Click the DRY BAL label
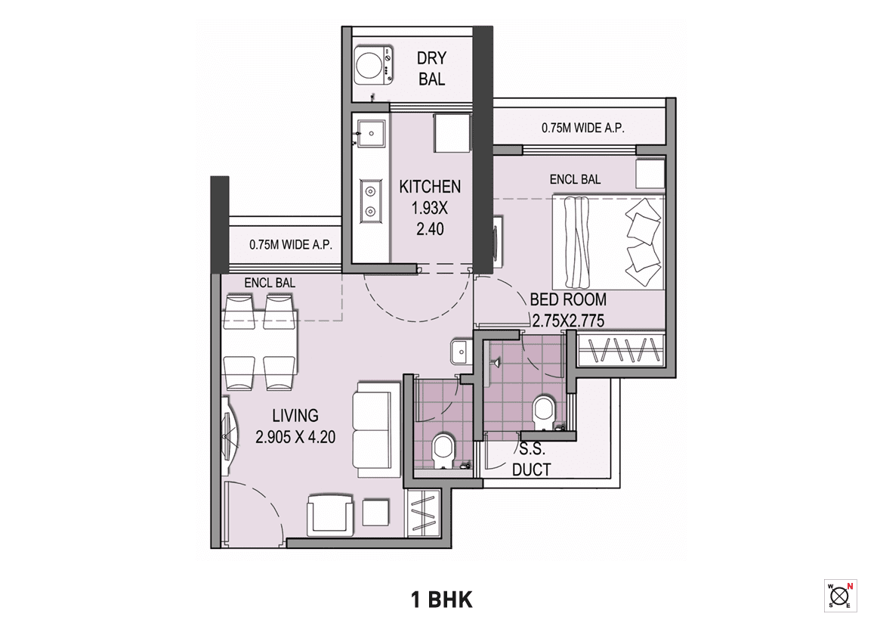[431, 68]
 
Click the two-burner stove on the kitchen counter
[370, 200]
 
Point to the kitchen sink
[370, 134]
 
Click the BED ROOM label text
[567, 299]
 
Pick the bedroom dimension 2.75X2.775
[568, 321]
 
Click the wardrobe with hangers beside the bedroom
[621, 352]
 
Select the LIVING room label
[295, 415]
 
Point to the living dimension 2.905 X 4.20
[296, 437]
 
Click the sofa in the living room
[376, 429]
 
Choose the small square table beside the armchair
[375, 513]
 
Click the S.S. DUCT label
[532, 460]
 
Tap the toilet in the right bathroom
[543, 412]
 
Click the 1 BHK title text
[442, 600]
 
